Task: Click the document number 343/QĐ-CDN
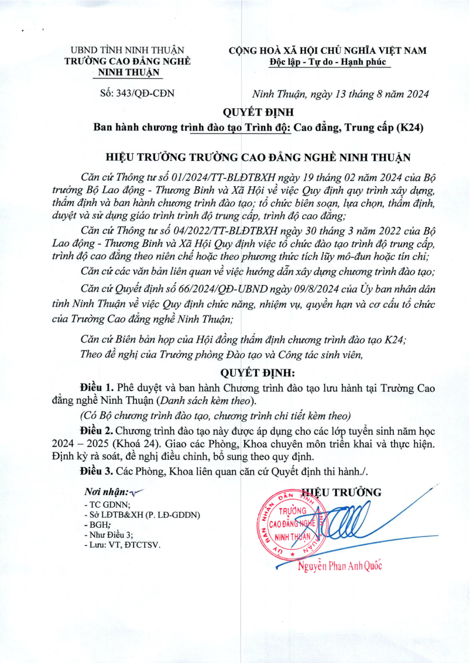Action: pos(146,93)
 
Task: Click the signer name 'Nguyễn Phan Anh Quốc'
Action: pos(340,566)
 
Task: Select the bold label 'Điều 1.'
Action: pos(97,388)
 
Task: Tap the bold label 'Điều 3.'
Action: pos(97,471)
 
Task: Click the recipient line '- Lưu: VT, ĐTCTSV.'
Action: pos(122,545)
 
